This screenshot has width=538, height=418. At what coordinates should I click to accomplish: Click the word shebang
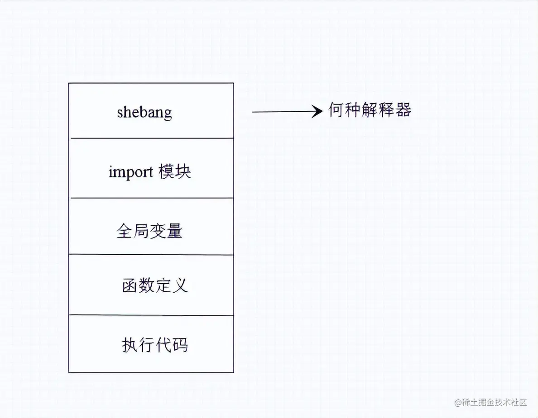(x=144, y=112)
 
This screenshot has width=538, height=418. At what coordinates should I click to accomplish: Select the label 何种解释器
(x=370, y=110)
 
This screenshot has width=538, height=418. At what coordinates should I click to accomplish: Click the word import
(x=131, y=172)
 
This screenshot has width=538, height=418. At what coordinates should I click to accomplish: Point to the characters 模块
(x=175, y=172)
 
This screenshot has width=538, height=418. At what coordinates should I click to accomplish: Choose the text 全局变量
(x=149, y=232)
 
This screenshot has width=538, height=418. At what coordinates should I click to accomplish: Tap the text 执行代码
(x=155, y=345)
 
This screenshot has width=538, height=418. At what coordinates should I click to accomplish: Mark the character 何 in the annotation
(x=336, y=110)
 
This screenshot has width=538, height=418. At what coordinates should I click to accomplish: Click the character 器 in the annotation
(x=403, y=110)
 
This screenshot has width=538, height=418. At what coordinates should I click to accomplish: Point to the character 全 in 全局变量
(x=125, y=232)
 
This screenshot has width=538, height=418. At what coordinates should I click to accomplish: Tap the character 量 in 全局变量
(x=174, y=232)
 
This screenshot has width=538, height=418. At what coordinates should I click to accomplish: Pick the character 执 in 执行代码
(x=130, y=345)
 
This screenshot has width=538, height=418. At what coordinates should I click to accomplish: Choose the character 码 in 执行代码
(x=180, y=345)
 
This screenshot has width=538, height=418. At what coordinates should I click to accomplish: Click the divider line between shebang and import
(x=151, y=138)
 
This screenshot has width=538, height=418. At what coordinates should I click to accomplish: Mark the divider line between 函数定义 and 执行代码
(x=151, y=315)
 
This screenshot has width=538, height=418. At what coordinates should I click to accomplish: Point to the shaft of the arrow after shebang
(x=281, y=112)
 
